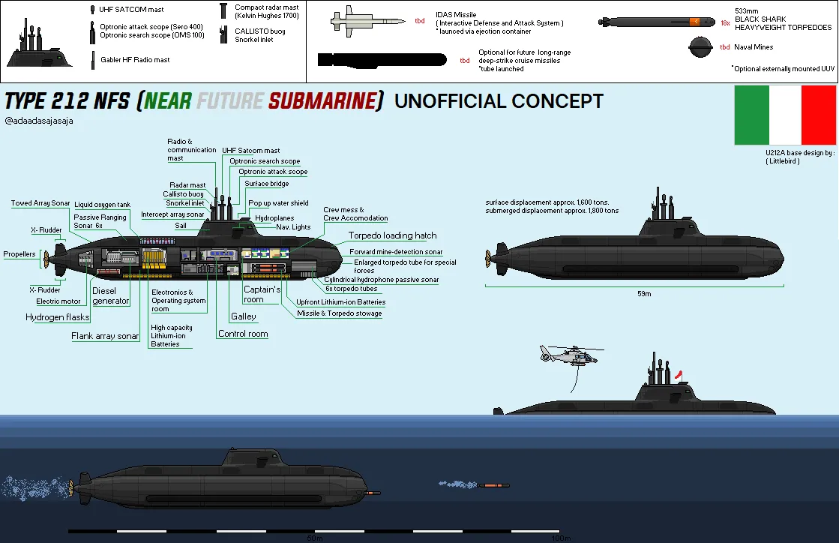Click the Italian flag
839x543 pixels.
785,115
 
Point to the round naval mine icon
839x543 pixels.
702,48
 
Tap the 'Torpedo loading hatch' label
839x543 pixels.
392,235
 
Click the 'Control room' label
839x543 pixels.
243,334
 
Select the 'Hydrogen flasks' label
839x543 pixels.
57,317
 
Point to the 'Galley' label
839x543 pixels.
244,316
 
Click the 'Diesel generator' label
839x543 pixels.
111,295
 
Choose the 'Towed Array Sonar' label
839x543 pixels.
40,203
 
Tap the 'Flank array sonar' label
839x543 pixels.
105,336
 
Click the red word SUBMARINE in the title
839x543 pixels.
324,101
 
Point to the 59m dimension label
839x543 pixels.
644,293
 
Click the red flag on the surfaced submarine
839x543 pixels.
680,371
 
